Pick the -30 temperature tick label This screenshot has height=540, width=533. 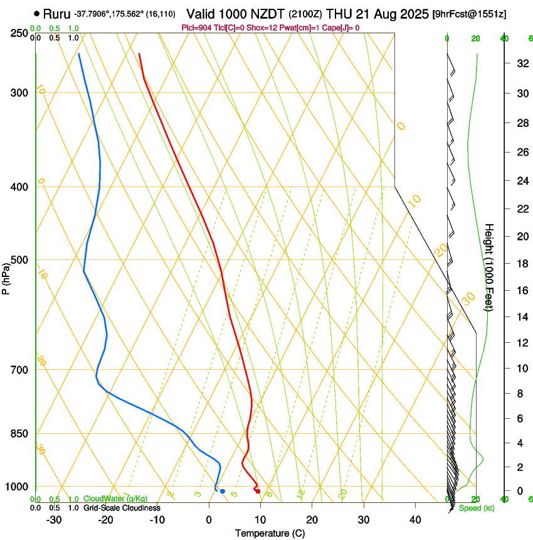coord(54,520)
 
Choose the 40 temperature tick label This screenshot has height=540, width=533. coord(414,520)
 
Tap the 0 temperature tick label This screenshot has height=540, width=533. coord(209,520)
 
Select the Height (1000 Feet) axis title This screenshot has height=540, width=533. coord(490,267)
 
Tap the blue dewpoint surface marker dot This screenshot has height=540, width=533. coord(223,491)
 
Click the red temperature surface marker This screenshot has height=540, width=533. coord(258,491)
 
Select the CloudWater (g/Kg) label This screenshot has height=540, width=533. coord(115,499)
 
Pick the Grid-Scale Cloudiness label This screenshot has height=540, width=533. coord(122,507)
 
